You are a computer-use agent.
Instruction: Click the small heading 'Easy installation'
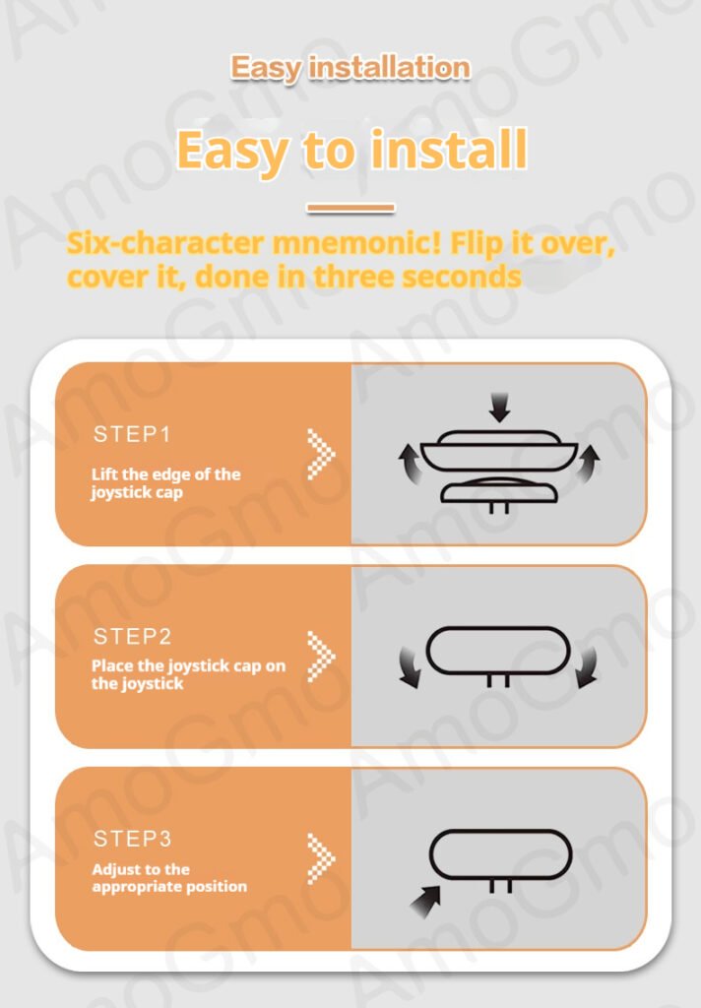(x=350, y=68)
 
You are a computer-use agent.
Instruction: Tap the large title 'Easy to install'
(x=351, y=150)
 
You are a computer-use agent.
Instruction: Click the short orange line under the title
(x=350, y=208)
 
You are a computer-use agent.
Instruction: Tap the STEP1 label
(x=133, y=434)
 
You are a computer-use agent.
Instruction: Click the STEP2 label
(x=133, y=637)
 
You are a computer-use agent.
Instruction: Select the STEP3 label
(x=133, y=839)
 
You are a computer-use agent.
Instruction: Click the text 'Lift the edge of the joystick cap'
(x=166, y=482)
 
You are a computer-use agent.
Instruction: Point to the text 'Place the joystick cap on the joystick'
(x=188, y=674)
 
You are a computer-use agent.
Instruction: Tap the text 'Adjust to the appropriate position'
(x=169, y=877)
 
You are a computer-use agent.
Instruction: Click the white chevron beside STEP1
(x=321, y=454)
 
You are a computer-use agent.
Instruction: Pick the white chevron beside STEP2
(x=321, y=657)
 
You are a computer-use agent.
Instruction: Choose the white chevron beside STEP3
(x=321, y=858)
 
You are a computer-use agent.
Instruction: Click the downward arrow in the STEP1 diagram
(x=499, y=408)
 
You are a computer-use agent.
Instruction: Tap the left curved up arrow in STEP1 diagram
(x=409, y=463)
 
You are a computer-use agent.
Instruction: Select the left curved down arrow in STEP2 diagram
(x=409, y=668)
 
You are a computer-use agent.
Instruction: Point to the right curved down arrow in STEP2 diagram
(x=587, y=668)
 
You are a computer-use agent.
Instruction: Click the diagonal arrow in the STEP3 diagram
(x=425, y=902)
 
